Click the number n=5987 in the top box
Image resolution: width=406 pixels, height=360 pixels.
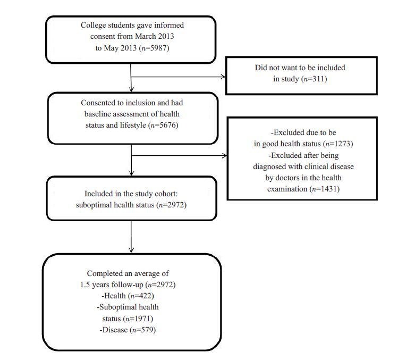tap(155, 48)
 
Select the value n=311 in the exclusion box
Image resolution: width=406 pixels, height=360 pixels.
tap(315, 79)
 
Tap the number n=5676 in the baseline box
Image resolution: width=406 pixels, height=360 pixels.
tap(164, 125)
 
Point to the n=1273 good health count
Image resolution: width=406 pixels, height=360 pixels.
tap(339, 144)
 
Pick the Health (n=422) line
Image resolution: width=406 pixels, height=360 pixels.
tap(128, 296)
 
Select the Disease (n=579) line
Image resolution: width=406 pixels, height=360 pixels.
tap(128, 330)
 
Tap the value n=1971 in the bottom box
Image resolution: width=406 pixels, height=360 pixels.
tap(139, 319)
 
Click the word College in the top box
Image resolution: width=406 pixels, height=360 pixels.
tap(93, 26)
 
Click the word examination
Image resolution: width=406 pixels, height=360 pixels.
tap(287, 189)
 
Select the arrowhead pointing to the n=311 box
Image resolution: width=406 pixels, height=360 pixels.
tap(223, 77)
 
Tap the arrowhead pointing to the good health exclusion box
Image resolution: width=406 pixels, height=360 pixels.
tap(224, 155)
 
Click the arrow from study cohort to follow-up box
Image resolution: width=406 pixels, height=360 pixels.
tap(131, 237)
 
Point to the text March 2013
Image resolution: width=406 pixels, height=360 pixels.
tap(155, 36)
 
